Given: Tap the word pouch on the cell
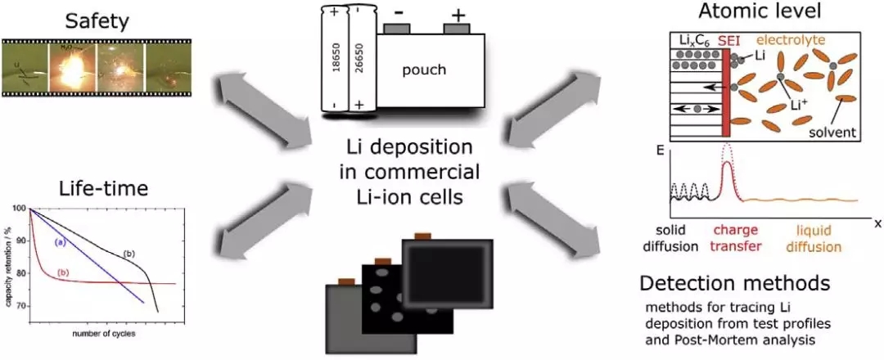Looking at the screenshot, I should [424, 70].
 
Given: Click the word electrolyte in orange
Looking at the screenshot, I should [790, 40].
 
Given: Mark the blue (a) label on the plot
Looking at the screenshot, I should [61, 243].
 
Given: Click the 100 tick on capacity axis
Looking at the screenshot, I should [20, 209].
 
